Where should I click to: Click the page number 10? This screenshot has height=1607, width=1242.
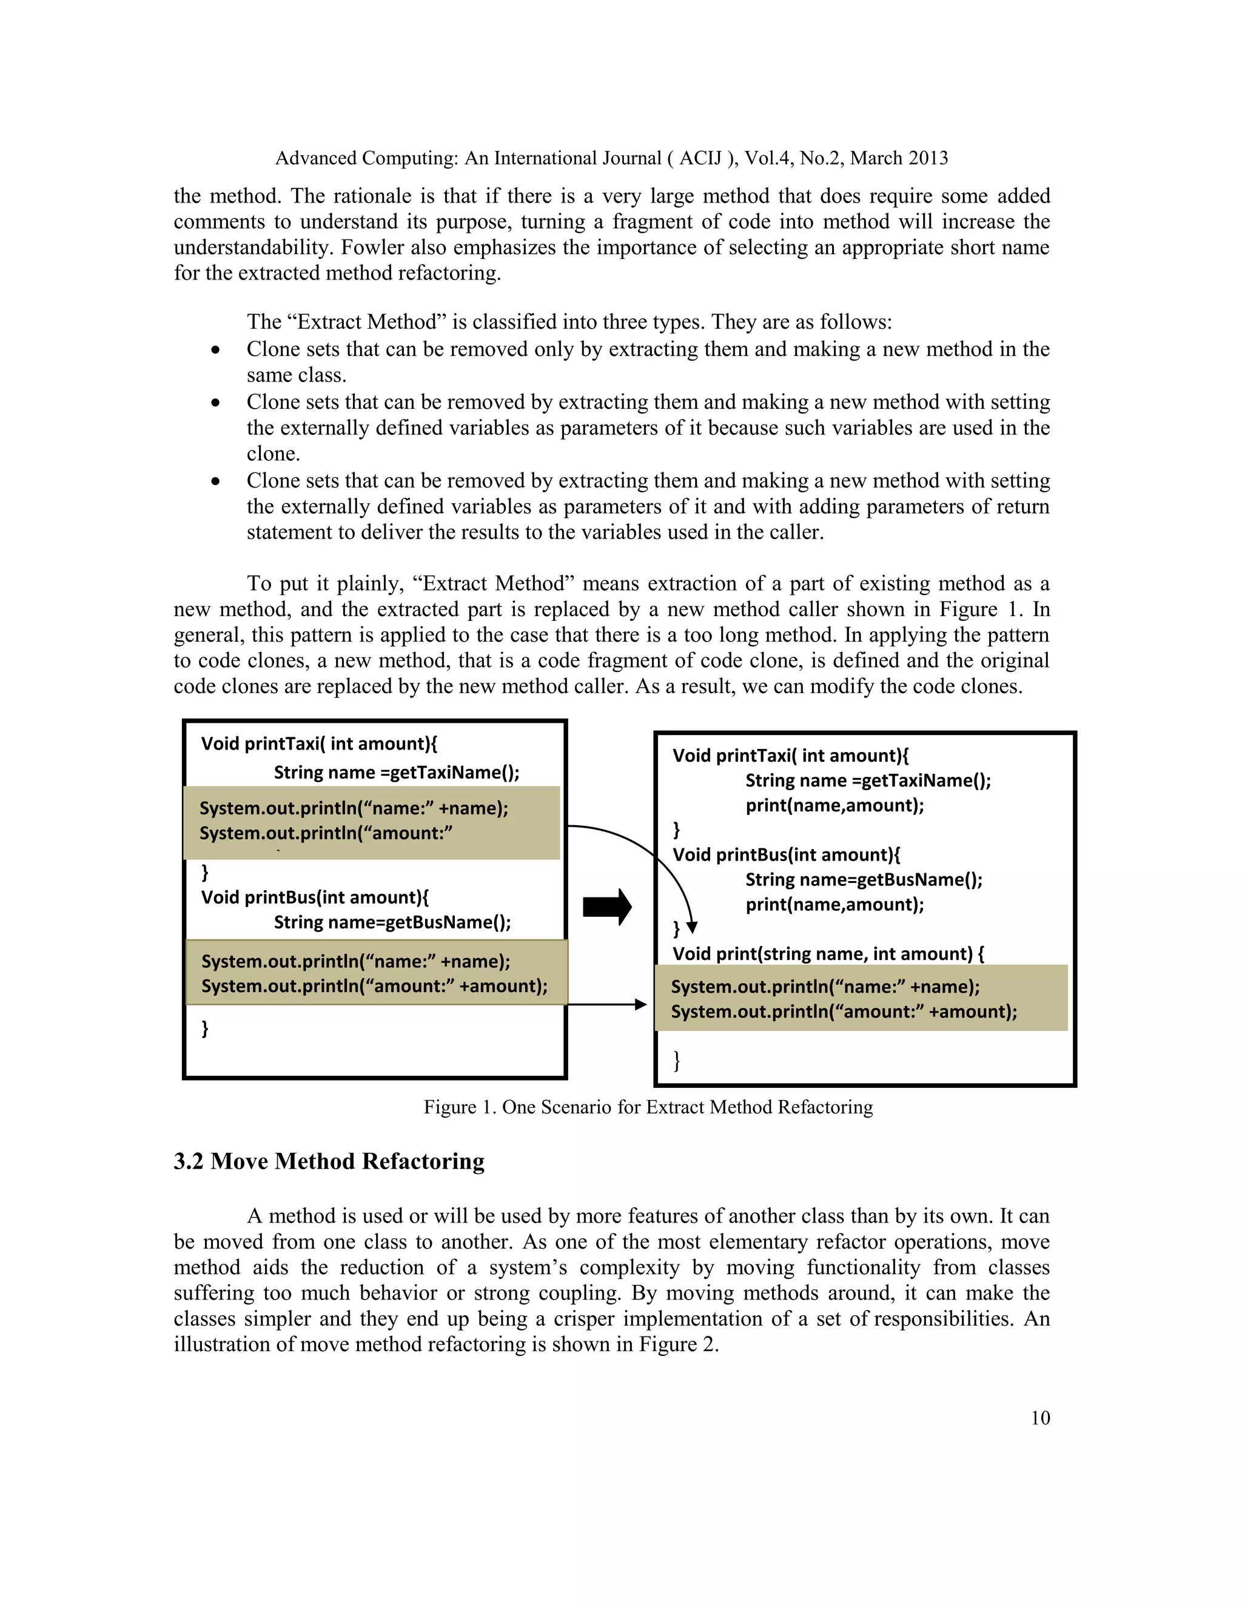click(1039, 1418)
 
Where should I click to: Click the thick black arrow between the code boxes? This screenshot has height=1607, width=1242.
click(607, 907)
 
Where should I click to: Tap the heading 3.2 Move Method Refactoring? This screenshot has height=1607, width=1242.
click(329, 1161)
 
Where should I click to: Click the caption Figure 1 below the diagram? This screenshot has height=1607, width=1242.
click(648, 1107)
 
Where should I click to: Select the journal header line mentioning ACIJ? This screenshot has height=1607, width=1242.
click(611, 158)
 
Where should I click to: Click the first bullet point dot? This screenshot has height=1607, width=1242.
click(215, 351)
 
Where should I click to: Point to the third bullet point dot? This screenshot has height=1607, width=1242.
click(215, 482)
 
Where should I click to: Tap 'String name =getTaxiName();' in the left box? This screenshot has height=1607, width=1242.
click(397, 772)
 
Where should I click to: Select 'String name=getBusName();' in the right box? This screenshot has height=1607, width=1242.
click(864, 879)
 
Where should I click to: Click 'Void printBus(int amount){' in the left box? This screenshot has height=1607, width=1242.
click(315, 897)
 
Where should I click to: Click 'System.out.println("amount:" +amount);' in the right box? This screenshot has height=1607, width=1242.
click(843, 1011)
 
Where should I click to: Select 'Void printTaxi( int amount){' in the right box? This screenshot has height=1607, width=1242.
click(790, 756)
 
